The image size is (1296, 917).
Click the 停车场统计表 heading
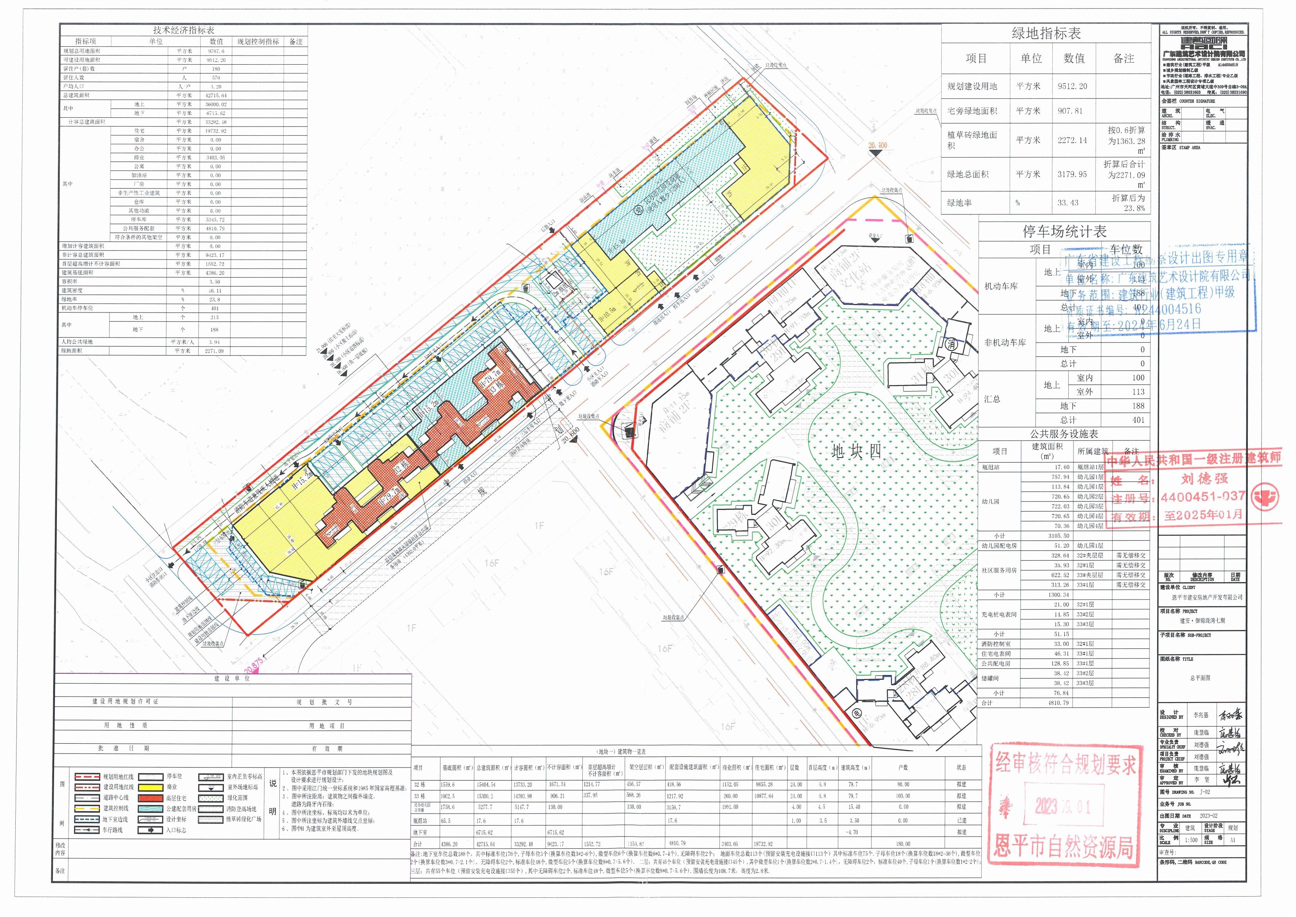point(1064,232)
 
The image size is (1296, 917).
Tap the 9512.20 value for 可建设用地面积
point(216,60)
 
